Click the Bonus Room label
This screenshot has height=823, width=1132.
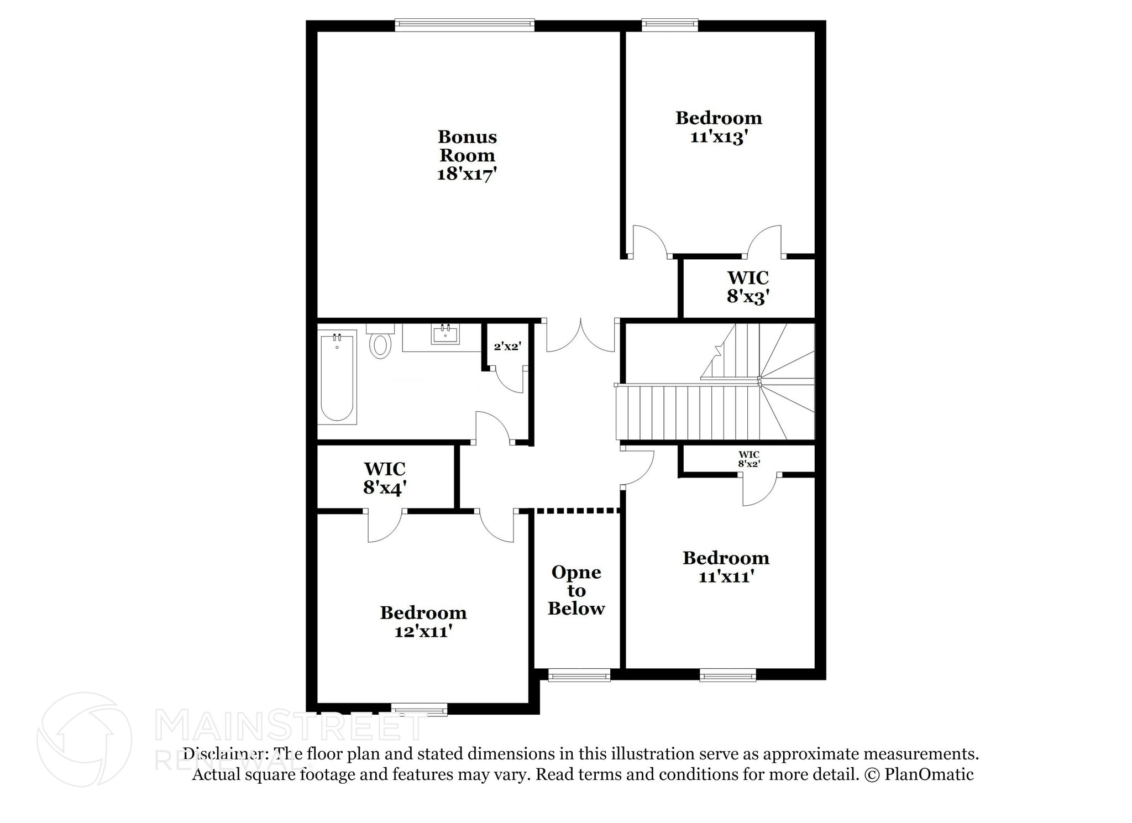point(467,146)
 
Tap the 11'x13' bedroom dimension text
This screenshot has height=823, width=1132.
point(719,137)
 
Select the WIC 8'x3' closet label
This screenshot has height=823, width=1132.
point(748,287)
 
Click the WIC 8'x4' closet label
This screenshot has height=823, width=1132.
point(385,478)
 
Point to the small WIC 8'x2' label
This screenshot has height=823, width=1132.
point(749,459)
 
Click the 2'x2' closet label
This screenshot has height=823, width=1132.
point(507,347)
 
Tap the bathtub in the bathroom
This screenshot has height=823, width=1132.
point(337,377)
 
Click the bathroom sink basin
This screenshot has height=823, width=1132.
point(445,334)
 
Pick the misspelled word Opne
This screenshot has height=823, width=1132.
point(576,573)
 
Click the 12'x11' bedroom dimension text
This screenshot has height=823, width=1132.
point(423,631)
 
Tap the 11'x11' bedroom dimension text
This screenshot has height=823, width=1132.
point(726,577)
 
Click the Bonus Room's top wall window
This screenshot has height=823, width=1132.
point(465,25)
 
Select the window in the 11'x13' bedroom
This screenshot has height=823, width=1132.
point(669,25)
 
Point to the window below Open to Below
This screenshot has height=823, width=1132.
point(579,674)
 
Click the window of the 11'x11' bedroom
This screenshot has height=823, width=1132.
point(727,674)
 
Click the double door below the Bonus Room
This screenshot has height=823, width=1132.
point(580,335)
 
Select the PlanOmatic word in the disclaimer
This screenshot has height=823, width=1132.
point(929,774)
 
